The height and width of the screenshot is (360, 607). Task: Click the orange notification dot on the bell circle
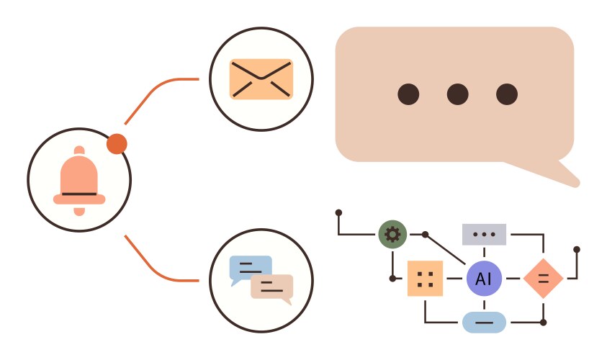[117, 144]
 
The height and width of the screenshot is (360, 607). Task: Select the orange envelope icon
[261, 79]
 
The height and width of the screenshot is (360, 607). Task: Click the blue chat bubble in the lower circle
[250, 269]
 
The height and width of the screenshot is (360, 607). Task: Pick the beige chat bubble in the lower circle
[272, 287]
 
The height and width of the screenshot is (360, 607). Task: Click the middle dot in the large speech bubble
[458, 94]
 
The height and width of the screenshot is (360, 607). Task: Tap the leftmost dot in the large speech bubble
[409, 94]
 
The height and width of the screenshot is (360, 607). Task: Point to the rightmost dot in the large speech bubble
[507, 94]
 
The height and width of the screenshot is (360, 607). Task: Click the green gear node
[392, 234]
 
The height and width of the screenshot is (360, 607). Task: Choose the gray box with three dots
[484, 234]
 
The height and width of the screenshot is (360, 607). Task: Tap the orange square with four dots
[425, 279]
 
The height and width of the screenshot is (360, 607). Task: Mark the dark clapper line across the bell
[79, 194]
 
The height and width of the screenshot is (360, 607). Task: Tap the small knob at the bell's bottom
[79, 210]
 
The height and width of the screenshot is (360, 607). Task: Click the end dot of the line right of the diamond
[577, 250]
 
